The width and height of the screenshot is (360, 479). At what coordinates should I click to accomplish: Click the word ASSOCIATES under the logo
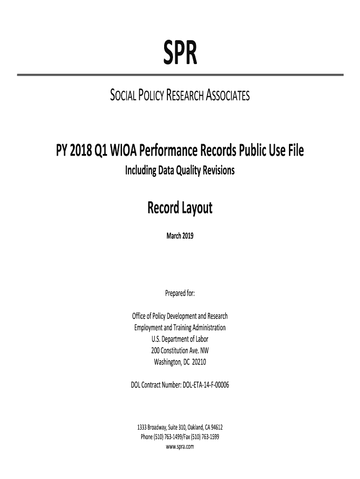pyautogui.click(x=222, y=96)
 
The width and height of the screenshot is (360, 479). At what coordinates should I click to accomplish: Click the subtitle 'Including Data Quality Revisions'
pyautogui.click(x=180, y=171)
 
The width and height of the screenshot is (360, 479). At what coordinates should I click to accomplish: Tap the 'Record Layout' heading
pyautogui.click(x=180, y=207)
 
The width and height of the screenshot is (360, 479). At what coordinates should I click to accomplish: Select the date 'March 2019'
pyautogui.click(x=180, y=236)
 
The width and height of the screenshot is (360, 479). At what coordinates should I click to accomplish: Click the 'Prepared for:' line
pyautogui.click(x=180, y=293)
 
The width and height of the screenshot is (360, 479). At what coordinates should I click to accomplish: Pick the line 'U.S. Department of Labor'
pyautogui.click(x=180, y=339)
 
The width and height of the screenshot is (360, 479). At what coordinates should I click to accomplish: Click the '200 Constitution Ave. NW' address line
pyautogui.click(x=180, y=350)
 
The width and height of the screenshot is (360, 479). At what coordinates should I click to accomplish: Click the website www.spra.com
pyautogui.click(x=180, y=446)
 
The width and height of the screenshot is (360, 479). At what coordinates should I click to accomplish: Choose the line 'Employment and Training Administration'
pyautogui.click(x=180, y=327)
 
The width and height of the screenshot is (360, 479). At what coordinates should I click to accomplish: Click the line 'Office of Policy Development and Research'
pyautogui.click(x=180, y=316)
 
